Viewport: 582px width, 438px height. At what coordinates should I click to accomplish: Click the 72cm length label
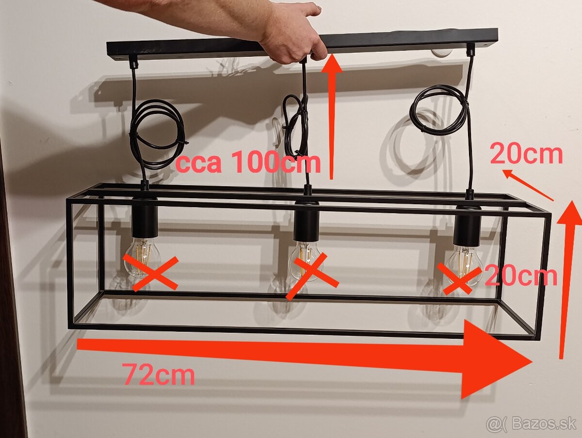(x=158, y=374)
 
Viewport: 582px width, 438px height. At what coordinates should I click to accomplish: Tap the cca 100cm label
(x=248, y=162)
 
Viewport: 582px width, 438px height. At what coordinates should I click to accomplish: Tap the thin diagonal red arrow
(x=528, y=185)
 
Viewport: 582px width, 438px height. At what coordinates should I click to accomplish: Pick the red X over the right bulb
(x=459, y=278)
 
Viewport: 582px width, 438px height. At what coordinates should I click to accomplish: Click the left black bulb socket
(x=145, y=217)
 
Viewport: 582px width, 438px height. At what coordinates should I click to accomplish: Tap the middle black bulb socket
(x=307, y=221)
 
